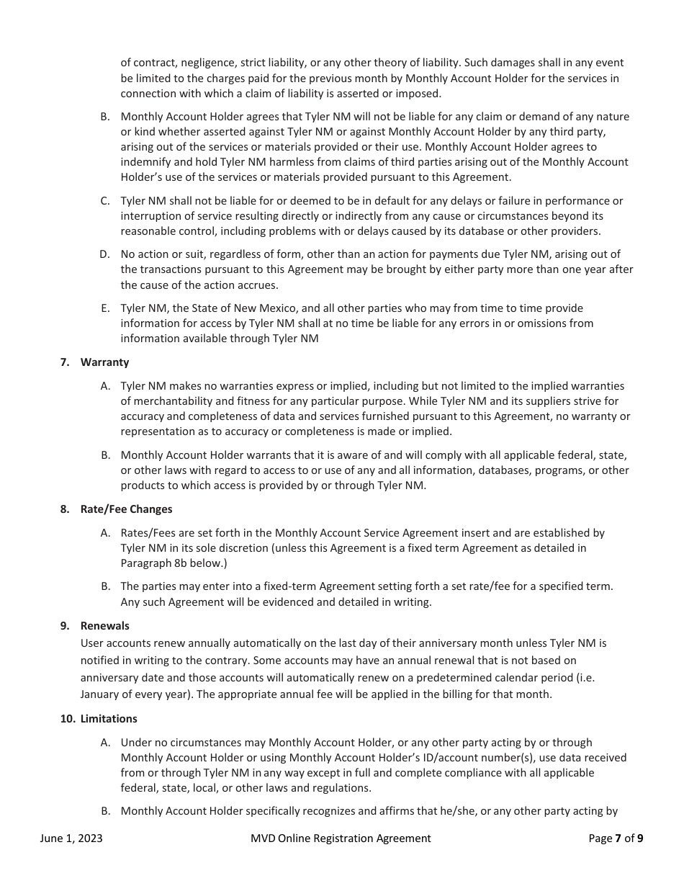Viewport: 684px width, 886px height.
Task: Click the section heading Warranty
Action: [x=104, y=362]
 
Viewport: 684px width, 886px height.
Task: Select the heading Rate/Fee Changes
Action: [x=126, y=509]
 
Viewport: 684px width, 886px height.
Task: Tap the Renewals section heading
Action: [x=104, y=626]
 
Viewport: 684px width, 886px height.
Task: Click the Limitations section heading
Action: [x=109, y=719]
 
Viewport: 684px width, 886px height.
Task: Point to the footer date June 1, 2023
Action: [x=71, y=838]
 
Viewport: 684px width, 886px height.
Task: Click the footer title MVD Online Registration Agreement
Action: [x=341, y=838]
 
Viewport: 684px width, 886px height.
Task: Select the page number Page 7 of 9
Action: [x=616, y=838]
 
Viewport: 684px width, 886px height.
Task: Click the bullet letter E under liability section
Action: [x=105, y=308]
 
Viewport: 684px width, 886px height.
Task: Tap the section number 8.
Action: [x=65, y=509]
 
